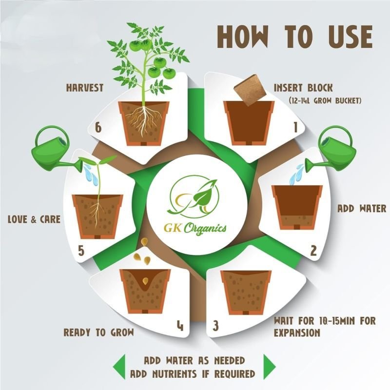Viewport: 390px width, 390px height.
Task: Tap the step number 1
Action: [x=295, y=128]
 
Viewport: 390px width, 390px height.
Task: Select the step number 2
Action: [x=313, y=251]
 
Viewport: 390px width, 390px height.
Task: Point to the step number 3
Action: [x=215, y=326]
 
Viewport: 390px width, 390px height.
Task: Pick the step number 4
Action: [x=180, y=325]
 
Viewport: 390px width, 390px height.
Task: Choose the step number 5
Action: [x=81, y=251]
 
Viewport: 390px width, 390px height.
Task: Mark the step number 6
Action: [x=98, y=128]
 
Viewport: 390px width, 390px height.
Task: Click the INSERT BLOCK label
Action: [x=303, y=88]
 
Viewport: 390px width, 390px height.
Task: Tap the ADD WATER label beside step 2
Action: [x=362, y=209]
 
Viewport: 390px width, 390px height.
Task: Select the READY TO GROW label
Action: [x=99, y=332]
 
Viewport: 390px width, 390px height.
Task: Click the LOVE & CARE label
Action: [x=34, y=219]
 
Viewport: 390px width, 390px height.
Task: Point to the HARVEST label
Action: [x=84, y=88]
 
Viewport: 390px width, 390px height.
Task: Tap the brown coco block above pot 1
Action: [x=250, y=93]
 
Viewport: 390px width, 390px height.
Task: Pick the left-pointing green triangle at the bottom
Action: [x=119, y=367]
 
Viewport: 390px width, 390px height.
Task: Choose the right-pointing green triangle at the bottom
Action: [x=270, y=367]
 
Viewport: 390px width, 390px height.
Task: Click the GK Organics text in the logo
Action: [x=195, y=228]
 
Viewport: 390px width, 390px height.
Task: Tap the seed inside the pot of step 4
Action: [x=145, y=281]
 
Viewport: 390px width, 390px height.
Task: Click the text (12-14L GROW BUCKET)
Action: [x=325, y=101]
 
